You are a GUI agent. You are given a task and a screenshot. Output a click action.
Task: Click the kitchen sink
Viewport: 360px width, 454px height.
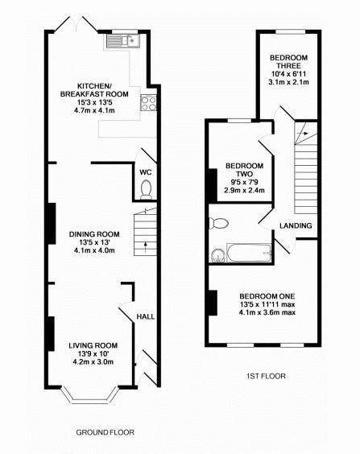click(122, 41)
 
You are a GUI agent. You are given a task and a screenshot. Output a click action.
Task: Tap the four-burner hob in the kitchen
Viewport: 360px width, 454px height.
click(148, 103)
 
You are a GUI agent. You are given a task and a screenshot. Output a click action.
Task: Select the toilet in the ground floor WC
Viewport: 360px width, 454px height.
click(146, 189)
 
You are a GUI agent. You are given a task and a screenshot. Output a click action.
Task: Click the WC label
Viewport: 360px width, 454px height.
click(146, 172)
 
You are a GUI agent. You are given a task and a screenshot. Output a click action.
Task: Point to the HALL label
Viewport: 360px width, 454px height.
click(146, 316)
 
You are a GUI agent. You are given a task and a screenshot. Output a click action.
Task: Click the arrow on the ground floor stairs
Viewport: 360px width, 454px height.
click(146, 246)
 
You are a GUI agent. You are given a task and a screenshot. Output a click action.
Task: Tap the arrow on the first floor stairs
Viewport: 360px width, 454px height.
click(304, 134)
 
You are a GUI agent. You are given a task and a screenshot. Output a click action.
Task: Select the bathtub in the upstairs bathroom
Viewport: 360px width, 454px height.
click(249, 253)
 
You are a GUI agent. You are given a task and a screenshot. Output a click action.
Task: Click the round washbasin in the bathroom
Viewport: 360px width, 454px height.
click(217, 255)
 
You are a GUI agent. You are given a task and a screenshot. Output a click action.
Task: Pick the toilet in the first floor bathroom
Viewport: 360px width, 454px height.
click(219, 223)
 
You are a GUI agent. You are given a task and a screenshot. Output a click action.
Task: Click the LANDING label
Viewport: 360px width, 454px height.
click(296, 225)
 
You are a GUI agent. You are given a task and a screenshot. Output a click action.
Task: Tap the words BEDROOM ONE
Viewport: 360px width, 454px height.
click(267, 296)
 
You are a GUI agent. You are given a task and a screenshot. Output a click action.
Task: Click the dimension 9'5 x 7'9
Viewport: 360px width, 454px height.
click(245, 182)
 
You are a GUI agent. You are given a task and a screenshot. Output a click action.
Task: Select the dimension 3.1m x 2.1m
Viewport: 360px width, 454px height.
click(288, 82)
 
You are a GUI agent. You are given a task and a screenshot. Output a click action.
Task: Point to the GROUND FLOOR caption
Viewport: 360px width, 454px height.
click(106, 432)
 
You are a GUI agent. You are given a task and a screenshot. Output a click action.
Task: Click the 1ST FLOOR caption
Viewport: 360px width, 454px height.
click(266, 376)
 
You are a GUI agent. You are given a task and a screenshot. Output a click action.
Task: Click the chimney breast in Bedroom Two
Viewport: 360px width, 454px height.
click(213, 185)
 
